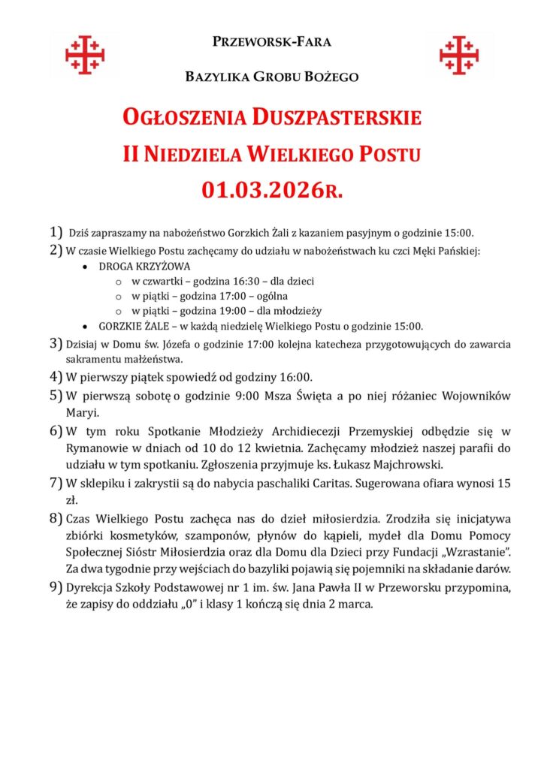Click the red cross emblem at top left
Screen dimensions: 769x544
pos(85,55)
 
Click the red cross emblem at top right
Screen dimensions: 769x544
pos(459,55)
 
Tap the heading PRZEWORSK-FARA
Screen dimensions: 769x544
pos(272,42)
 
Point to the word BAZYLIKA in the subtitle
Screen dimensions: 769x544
pos(216,77)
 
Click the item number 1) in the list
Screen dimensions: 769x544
pos(56,233)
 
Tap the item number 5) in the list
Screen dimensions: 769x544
pos(56,395)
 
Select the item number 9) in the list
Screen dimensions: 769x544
pos(56,587)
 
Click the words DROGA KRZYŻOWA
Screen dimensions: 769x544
pos(145,266)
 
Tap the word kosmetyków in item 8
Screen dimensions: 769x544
pos(131,535)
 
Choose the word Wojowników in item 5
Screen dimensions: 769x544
pos(479,395)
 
